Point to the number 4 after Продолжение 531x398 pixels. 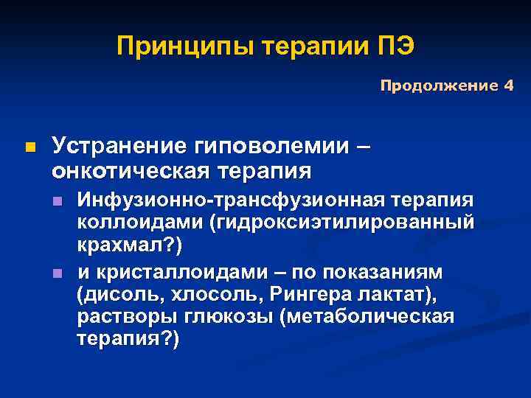(507, 86)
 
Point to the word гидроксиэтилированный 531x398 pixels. (343, 222)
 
